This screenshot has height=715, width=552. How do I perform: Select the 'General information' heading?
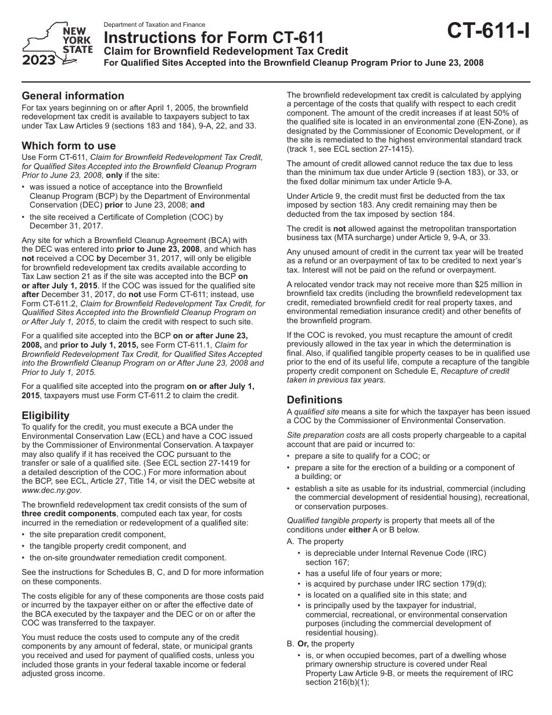coord(73,96)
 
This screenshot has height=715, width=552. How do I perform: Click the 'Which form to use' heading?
coord(69,146)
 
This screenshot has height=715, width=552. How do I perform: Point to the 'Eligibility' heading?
coord(45,416)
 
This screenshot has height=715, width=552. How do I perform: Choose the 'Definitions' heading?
coord(314,400)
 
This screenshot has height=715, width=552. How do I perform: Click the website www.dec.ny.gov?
coord(48,489)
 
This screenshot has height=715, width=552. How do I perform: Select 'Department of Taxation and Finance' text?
coord(154,25)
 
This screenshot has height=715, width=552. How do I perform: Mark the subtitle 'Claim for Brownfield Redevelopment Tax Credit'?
coord(225,51)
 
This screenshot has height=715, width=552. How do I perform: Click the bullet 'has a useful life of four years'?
coord(374,573)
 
